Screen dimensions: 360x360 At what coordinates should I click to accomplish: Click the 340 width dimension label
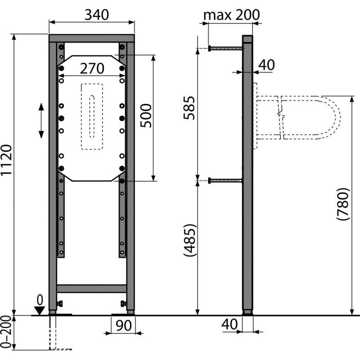pyautogui.click(x=97, y=15)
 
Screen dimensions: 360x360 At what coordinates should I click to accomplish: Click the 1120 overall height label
pyautogui.click(x=6, y=160)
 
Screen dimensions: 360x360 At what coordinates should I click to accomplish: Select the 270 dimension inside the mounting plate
pyautogui.click(x=92, y=68)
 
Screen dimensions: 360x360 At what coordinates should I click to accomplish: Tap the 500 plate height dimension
pyautogui.click(x=146, y=116)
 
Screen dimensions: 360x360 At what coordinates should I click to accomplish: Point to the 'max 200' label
pyautogui.click(x=231, y=15)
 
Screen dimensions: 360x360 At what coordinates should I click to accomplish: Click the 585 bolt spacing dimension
pyautogui.click(x=189, y=108)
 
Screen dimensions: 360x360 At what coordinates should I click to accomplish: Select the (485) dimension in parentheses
pyautogui.click(x=190, y=240)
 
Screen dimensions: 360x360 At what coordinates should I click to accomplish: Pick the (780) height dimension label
pyautogui.click(x=343, y=204)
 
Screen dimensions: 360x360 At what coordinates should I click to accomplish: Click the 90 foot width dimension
pyautogui.click(x=123, y=325)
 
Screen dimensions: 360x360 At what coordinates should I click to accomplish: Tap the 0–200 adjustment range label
pyautogui.click(x=6, y=332)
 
